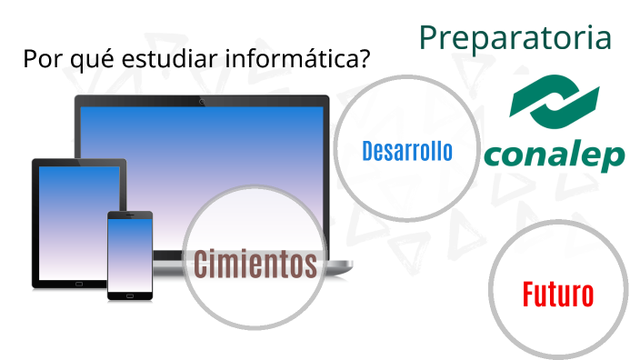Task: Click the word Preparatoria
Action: (x=515, y=37)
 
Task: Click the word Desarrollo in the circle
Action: (x=406, y=151)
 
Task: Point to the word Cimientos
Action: (x=255, y=265)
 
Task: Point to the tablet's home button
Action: (x=79, y=283)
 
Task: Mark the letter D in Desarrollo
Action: (x=367, y=151)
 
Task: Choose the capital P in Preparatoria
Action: (x=429, y=38)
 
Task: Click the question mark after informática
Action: (x=365, y=59)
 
